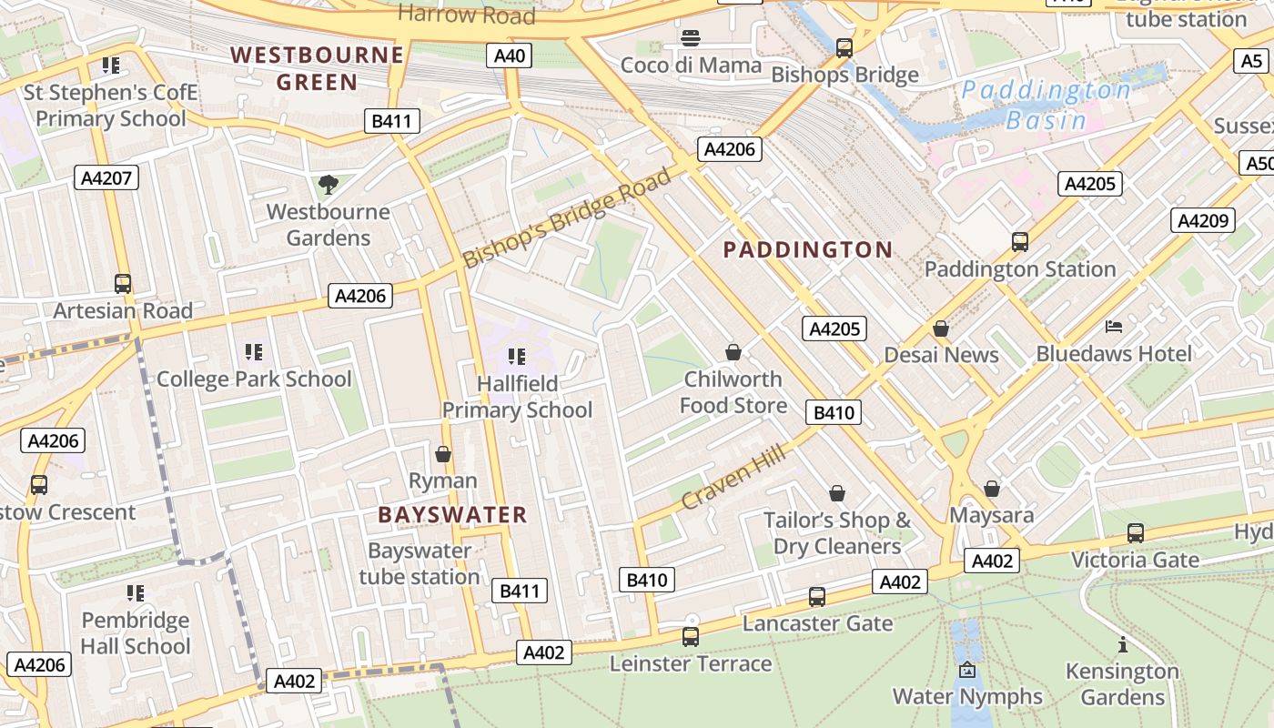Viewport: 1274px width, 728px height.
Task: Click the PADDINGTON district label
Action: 807,249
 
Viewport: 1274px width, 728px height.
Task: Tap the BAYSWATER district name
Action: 452,515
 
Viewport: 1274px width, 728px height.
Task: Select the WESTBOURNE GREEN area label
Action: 317,68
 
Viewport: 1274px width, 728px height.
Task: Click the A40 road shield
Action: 509,56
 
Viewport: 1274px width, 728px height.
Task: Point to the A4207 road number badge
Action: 106,177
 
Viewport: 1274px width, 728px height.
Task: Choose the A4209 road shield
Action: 1203,220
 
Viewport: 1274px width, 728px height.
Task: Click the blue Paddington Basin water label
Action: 1046,105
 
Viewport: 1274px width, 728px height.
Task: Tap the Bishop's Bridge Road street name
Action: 567,217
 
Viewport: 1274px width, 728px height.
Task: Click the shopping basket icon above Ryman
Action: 443,454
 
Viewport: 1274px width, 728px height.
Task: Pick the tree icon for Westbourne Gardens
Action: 328,186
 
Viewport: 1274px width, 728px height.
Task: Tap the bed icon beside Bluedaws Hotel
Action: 1114,327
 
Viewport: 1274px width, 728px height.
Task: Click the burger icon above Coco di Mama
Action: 691,38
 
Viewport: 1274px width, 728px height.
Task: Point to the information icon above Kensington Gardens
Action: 1122,645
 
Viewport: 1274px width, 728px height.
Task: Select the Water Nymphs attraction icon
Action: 967,671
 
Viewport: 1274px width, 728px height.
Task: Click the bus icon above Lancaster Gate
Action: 817,597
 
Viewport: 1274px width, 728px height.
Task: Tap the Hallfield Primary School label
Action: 517,397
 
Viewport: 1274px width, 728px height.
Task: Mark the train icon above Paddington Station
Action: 1020,242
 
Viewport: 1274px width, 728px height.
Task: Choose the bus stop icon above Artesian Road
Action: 123,284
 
